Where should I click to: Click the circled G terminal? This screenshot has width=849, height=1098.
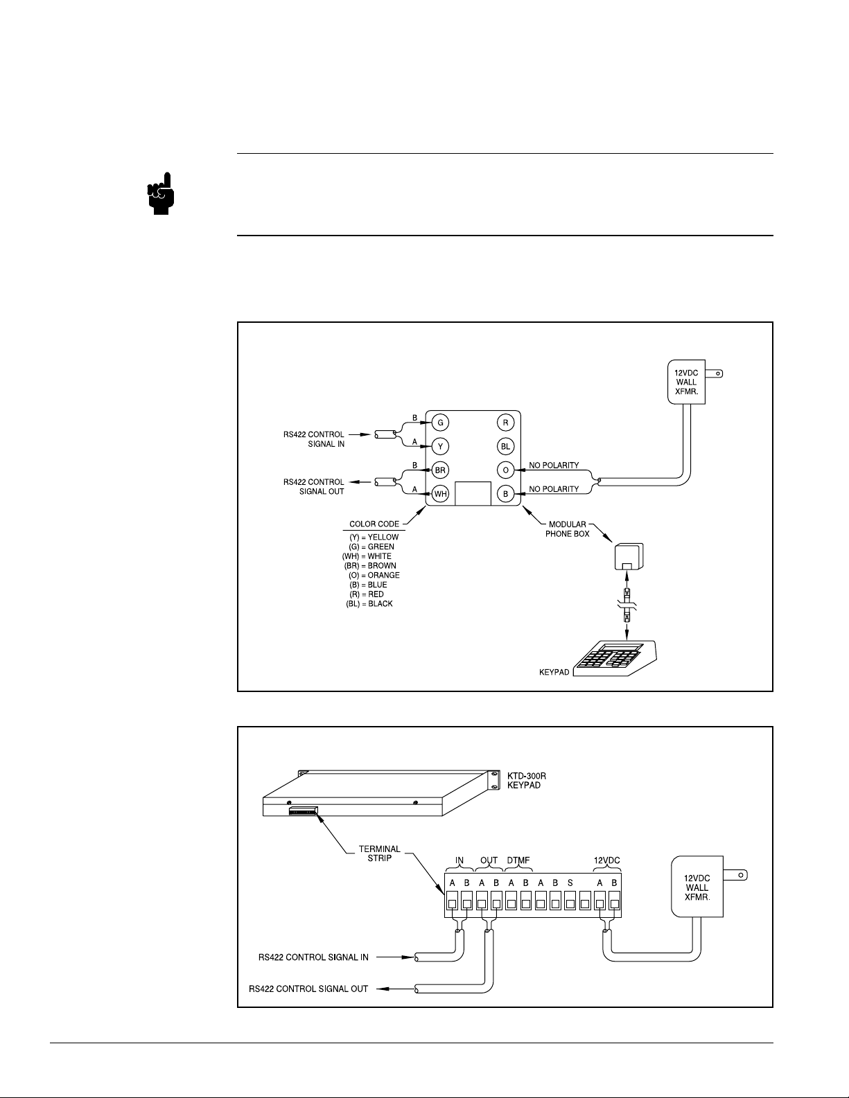tap(440, 423)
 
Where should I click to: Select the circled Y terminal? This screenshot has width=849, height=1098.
tap(440, 446)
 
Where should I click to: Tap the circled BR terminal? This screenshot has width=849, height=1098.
tap(440, 470)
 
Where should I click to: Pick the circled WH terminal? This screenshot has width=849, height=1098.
tap(440, 494)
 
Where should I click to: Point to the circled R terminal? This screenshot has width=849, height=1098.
tap(505, 423)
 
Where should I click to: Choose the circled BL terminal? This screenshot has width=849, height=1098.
tap(505, 446)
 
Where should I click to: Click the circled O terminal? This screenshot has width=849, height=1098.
tap(505, 470)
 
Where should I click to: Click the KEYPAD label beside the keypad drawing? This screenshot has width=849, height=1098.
tap(554, 672)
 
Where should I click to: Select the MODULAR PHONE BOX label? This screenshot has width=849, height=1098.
tap(567, 529)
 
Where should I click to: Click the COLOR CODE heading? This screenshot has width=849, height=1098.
tap(374, 524)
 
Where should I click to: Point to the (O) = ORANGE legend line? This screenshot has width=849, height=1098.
tap(374, 575)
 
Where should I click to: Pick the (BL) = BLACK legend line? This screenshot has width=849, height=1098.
tap(369, 603)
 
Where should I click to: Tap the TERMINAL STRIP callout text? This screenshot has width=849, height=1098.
tap(380, 853)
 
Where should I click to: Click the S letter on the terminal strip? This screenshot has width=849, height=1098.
tap(570, 883)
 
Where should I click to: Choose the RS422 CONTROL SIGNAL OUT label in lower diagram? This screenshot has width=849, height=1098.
tap(308, 989)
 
